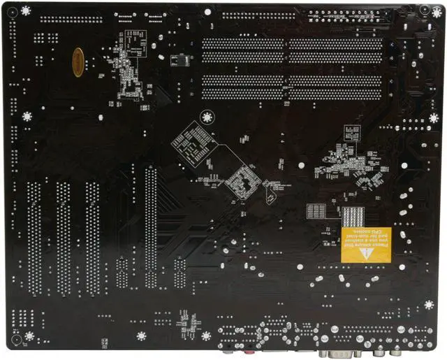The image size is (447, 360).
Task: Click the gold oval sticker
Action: (78, 62)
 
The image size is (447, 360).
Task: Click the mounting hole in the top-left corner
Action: (26, 10)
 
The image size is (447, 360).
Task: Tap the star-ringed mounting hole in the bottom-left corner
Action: (29, 336)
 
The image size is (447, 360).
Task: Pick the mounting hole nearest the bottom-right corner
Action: (429, 305)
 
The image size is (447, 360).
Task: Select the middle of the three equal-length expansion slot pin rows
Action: (64, 238)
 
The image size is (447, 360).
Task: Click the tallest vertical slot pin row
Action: (150, 227)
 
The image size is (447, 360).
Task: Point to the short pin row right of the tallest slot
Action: (180, 273)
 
